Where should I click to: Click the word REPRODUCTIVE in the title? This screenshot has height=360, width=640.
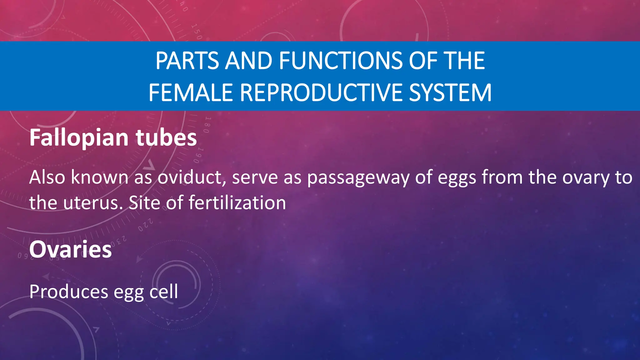[321, 93]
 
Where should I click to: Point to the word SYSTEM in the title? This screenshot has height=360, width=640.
[450, 93]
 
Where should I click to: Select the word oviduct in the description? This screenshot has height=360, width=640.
[191, 177]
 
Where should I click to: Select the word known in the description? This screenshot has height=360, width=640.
[100, 177]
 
